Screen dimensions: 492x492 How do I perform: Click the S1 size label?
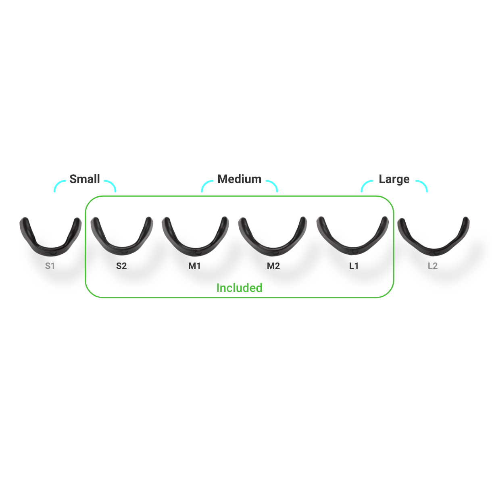pos(50,266)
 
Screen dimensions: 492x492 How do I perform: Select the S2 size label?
pos(121,266)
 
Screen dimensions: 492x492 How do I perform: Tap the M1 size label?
pos(194,266)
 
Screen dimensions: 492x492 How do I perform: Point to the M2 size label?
pos(273,266)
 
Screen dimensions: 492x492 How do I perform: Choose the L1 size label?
pos(354,266)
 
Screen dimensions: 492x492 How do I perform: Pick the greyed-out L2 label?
pos(433,266)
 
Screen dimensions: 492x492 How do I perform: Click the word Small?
pos(85,179)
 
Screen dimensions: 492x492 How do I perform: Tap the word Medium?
pos(239,179)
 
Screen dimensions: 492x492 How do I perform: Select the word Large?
pos(394,179)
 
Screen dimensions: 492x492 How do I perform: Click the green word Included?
pos(239,288)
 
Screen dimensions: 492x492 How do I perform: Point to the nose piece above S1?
pos(50,237)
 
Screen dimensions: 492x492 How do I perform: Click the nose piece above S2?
pos(122,236)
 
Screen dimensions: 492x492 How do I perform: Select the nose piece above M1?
pos(195,236)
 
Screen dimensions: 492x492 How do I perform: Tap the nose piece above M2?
pos(273,236)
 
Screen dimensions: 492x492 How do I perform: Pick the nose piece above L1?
pos(352,236)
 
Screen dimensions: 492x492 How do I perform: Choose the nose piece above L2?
pos(434,237)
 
